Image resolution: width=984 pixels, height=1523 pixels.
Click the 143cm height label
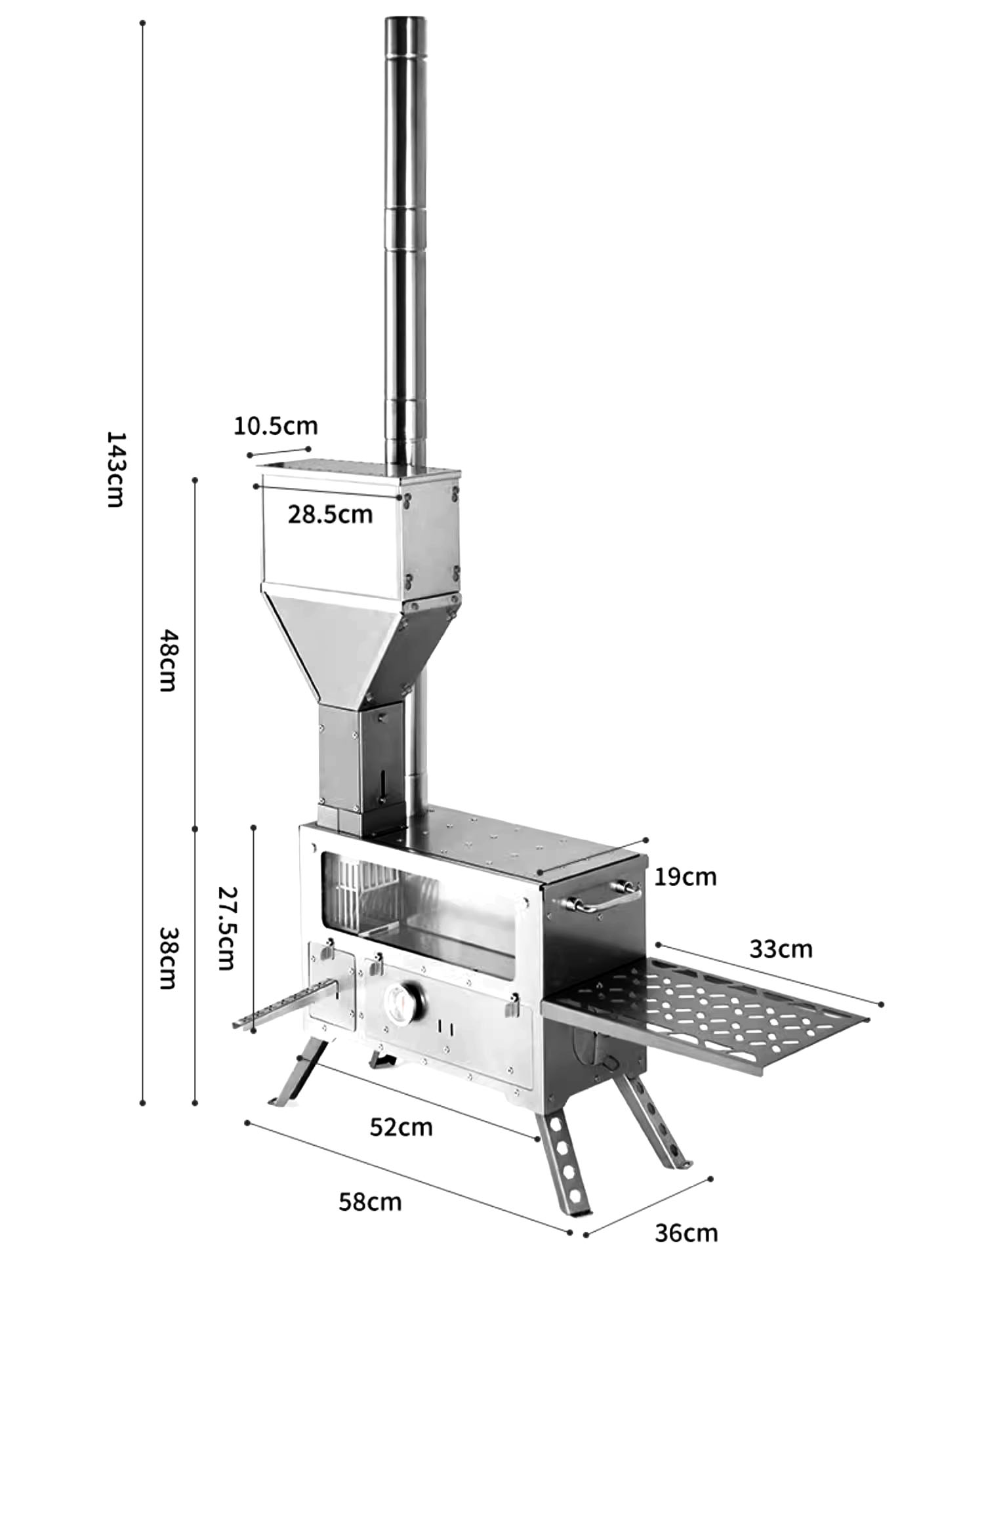pos(115,469)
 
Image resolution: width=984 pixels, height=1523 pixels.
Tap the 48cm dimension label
pos(169,660)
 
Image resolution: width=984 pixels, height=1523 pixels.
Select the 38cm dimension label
pos(169,958)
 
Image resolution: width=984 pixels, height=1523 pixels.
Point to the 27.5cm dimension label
pos(226,928)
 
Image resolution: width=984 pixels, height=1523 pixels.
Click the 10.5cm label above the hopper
pos(276,426)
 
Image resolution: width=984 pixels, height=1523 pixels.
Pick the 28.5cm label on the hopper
pos(330,514)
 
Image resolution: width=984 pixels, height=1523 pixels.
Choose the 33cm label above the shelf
pos(781,949)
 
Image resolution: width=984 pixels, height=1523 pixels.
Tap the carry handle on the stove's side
pos(597,897)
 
